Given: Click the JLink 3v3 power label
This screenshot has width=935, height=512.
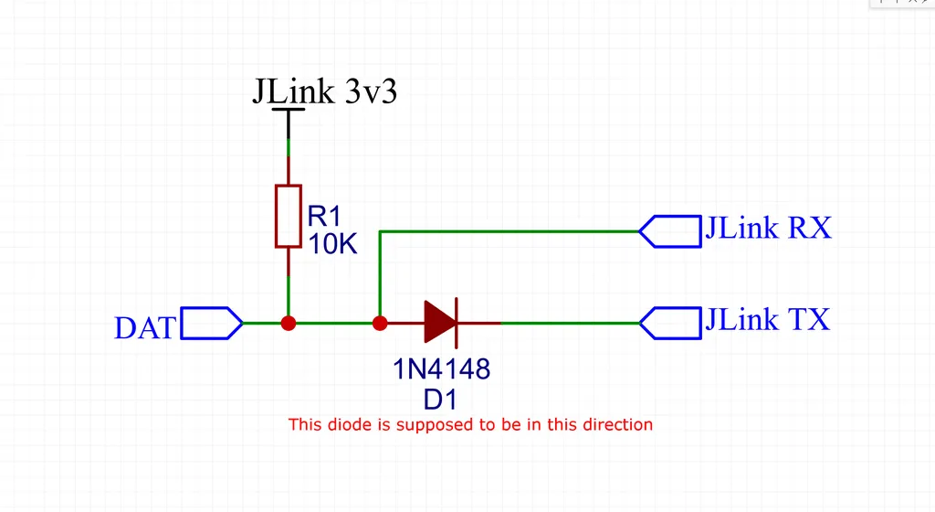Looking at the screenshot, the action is pos(325,91).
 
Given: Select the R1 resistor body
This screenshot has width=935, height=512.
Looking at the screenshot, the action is pos(288,216).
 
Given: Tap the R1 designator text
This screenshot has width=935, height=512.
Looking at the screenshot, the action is pos(324,216).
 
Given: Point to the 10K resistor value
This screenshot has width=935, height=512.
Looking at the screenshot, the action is pos(332,243).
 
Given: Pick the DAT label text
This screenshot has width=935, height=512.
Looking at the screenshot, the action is pos(145,328).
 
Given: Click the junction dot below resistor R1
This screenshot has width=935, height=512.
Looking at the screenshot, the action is pos(289,324).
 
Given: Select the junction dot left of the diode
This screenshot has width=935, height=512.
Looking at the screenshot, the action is pos(380,324).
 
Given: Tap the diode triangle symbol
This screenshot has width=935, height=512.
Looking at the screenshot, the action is pos(439,322).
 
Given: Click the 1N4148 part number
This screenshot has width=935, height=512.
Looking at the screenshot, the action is pos(441,369).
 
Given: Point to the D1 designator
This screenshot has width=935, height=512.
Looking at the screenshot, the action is pos(440,400).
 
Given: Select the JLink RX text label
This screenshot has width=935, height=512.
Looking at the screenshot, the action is pos(768,228).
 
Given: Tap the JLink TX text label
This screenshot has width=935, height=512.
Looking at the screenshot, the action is pos(767,319).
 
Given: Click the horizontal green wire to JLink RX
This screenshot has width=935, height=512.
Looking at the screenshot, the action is pos(510,231).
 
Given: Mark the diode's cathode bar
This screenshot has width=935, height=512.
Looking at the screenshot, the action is pos(457,323).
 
